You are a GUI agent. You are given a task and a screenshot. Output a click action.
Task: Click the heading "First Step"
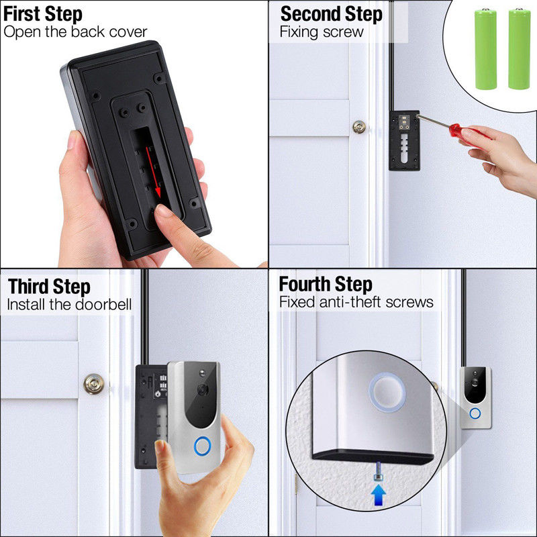coord(43,14)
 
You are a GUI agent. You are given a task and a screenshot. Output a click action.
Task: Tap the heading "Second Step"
coord(331,14)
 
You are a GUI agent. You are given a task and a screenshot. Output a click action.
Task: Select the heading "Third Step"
coord(49,287)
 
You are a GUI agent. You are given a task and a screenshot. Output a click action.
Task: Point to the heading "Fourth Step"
coord(326,284)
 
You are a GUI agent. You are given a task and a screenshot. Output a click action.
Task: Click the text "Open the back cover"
coord(75,32)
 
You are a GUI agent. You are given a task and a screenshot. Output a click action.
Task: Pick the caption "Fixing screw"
coord(322,32)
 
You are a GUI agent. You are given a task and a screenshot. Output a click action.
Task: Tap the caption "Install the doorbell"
coord(69,304)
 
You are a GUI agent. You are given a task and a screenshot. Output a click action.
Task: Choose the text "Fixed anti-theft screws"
coord(356,302)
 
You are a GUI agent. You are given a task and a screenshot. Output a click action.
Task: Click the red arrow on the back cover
coord(154,173)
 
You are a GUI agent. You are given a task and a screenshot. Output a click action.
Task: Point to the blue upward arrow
coord(379,495)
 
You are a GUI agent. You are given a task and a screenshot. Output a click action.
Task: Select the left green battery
coord(485,49)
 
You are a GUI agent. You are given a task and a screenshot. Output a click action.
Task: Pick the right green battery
coord(519,49)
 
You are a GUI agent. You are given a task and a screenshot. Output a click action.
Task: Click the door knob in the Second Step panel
coord(359,127)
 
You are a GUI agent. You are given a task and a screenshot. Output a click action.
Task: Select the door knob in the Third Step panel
coord(94,384)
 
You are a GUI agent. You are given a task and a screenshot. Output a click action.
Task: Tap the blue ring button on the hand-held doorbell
coord(203,446)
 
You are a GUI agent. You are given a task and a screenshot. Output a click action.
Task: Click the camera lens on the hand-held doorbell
coord(203,389)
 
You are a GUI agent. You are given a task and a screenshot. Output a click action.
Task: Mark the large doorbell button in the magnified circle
coord(387,392)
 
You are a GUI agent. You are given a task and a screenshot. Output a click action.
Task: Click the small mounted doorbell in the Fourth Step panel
coord(475,397)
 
